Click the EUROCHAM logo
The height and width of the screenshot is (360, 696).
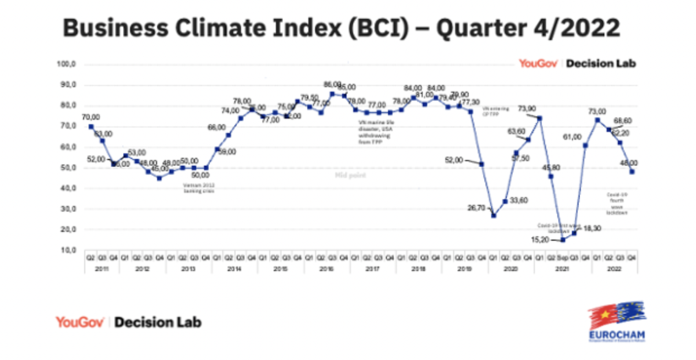click(617, 322)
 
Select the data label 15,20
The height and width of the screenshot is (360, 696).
click(546, 238)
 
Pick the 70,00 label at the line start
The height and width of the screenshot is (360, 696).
click(91, 117)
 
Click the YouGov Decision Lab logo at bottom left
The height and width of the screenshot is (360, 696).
click(129, 322)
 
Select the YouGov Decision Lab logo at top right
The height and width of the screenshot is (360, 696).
click(577, 63)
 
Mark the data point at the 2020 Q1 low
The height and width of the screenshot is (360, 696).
click(494, 216)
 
